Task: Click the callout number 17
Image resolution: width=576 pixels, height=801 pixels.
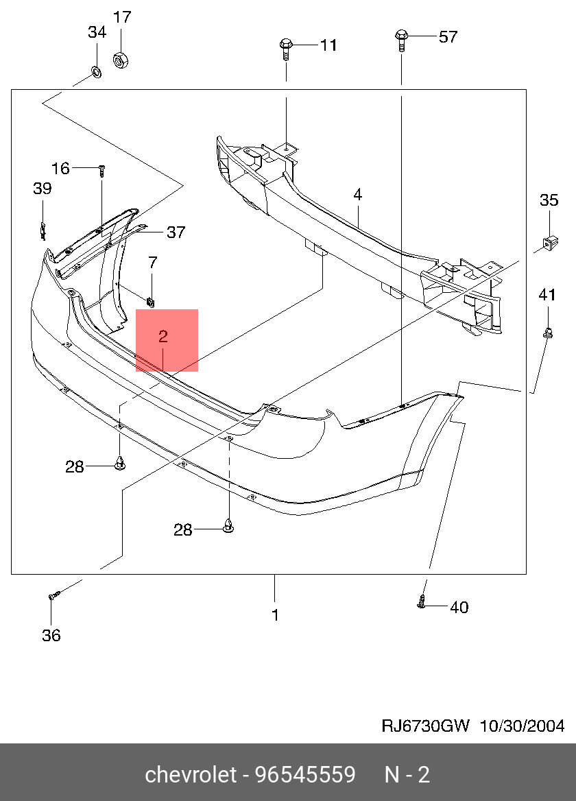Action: click(121, 17)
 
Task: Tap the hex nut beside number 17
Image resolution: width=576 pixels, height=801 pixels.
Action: click(120, 60)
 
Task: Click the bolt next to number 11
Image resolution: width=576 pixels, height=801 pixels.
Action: click(286, 49)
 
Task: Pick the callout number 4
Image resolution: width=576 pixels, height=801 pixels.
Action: click(357, 195)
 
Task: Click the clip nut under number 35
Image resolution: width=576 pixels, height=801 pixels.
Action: click(549, 241)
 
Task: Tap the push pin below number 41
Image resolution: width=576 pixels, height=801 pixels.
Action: click(547, 334)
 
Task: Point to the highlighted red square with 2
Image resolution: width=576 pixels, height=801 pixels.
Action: click(167, 340)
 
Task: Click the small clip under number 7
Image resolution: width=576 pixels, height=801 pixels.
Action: click(151, 299)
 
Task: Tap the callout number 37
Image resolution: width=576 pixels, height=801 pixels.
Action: click(176, 232)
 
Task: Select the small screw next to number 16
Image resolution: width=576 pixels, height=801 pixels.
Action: click(101, 169)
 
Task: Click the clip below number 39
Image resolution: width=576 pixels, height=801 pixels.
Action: click(42, 231)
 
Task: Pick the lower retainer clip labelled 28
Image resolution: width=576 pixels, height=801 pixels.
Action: click(228, 527)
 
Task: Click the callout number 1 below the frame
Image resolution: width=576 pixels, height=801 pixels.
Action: click(275, 615)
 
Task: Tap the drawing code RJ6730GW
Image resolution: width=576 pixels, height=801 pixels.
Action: click(425, 726)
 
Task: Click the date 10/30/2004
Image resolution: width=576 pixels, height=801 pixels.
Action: click(521, 726)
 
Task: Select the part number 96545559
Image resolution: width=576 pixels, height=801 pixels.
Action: click(305, 775)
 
